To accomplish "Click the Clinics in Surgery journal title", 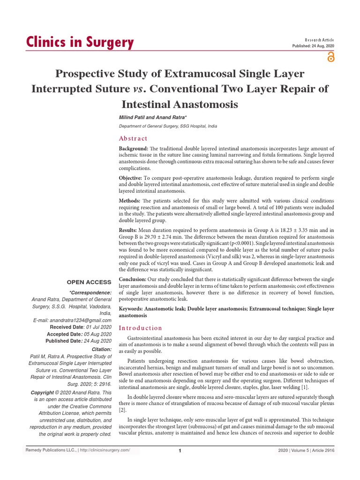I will click(79, 42).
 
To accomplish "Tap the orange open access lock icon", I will click(331, 57).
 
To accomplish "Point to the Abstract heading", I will click(133, 138).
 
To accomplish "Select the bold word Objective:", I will click(131, 178).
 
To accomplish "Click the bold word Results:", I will click(128, 230).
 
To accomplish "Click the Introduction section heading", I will click(140, 328).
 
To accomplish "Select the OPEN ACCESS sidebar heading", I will click(89, 282).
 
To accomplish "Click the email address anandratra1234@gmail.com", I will click(76, 320).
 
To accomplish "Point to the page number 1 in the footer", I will click(180, 451).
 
